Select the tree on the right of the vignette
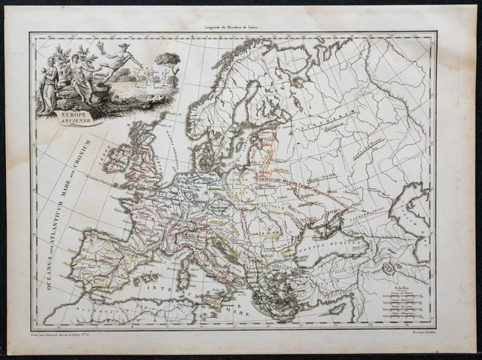tap(167, 66)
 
